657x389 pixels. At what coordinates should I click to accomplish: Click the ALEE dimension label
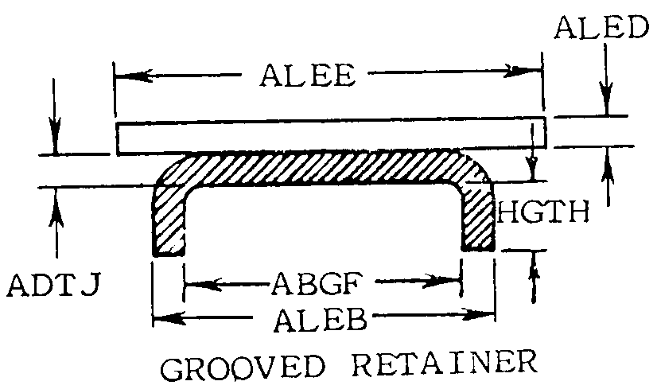click(x=308, y=76)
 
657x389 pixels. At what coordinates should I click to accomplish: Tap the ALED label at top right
click(x=601, y=28)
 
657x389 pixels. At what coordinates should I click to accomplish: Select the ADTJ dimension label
click(x=53, y=285)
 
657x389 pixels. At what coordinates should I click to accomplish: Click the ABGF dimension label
click(x=317, y=283)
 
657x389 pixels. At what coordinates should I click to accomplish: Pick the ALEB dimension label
click(x=321, y=320)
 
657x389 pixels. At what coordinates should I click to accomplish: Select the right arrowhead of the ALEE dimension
click(x=523, y=71)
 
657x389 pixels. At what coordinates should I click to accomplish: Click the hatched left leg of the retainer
click(x=169, y=220)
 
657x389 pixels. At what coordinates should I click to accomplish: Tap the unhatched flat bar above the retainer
click(x=331, y=136)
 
